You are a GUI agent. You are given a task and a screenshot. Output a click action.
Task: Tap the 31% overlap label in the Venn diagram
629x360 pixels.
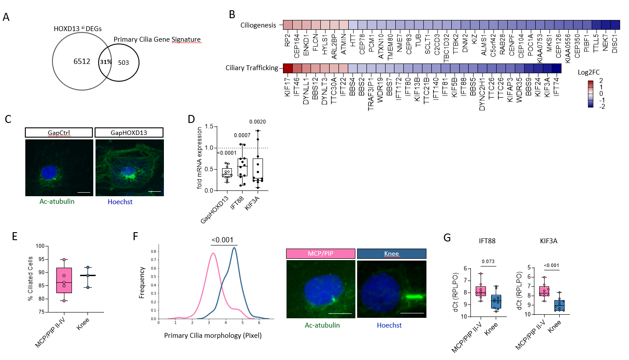point(106,62)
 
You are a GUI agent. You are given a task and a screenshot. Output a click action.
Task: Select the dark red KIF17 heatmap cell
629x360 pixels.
point(288,68)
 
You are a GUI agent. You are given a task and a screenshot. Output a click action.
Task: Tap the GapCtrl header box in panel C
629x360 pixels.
point(59,132)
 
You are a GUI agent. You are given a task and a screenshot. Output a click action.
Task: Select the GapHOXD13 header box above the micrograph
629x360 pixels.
point(130,132)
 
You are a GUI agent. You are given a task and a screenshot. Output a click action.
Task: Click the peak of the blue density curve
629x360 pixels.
point(234,248)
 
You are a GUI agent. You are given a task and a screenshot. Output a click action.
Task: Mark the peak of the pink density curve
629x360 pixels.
point(214,253)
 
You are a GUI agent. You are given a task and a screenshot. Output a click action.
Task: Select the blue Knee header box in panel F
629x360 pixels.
point(391,253)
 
